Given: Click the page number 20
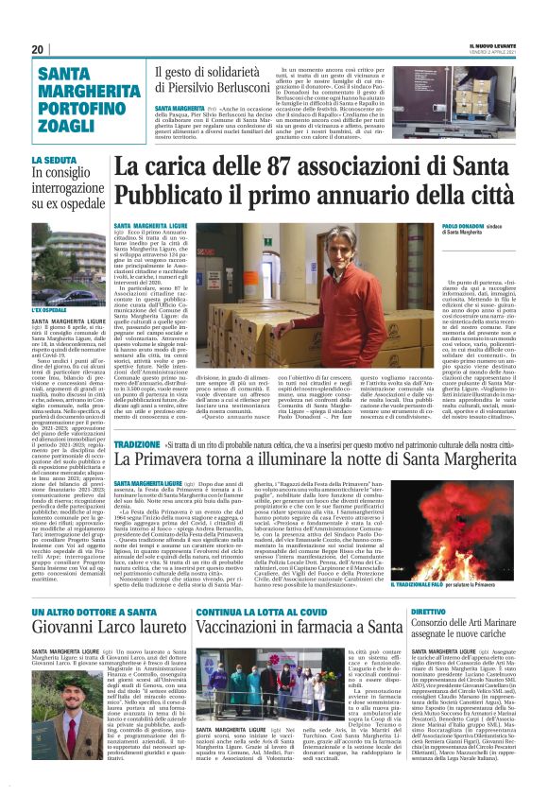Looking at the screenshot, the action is coord(38,49).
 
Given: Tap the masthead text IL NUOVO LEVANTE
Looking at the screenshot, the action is coord(494,46).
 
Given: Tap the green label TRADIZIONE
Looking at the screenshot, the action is coord(138,443).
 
